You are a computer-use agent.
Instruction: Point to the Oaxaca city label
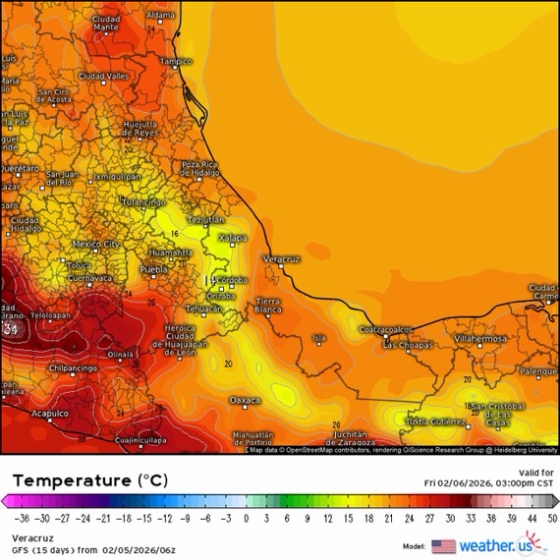[245, 400]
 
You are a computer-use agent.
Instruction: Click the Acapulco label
[48, 414]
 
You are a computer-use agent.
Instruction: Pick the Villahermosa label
[480, 338]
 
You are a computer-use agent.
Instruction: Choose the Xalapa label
[232, 238]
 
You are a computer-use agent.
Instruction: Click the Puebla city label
[153, 268]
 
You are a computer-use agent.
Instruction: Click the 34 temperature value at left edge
[11, 328]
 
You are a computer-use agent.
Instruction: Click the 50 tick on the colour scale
[553, 517]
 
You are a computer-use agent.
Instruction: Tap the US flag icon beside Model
[443, 546]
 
